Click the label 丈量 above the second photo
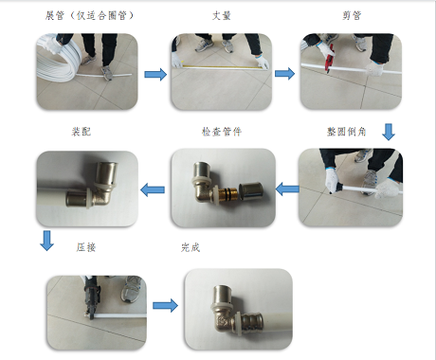click(222, 15)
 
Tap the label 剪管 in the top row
click(352, 15)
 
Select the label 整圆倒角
click(347, 132)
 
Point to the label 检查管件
click(222, 132)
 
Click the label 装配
click(82, 132)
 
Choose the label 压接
click(86, 247)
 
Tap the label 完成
click(191, 247)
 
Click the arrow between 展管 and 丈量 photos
click(155, 75)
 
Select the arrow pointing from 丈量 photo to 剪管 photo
click(284, 74)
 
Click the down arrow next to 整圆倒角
click(389, 132)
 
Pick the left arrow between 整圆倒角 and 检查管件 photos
click(287, 189)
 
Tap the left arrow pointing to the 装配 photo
click(153, 189)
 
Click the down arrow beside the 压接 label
click(47, 241)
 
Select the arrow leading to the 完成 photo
click(165, 306)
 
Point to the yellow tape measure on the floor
click(220, 66)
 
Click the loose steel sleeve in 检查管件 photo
click(250, 191)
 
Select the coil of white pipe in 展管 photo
click(58, 60)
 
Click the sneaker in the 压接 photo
click(133, 289)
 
